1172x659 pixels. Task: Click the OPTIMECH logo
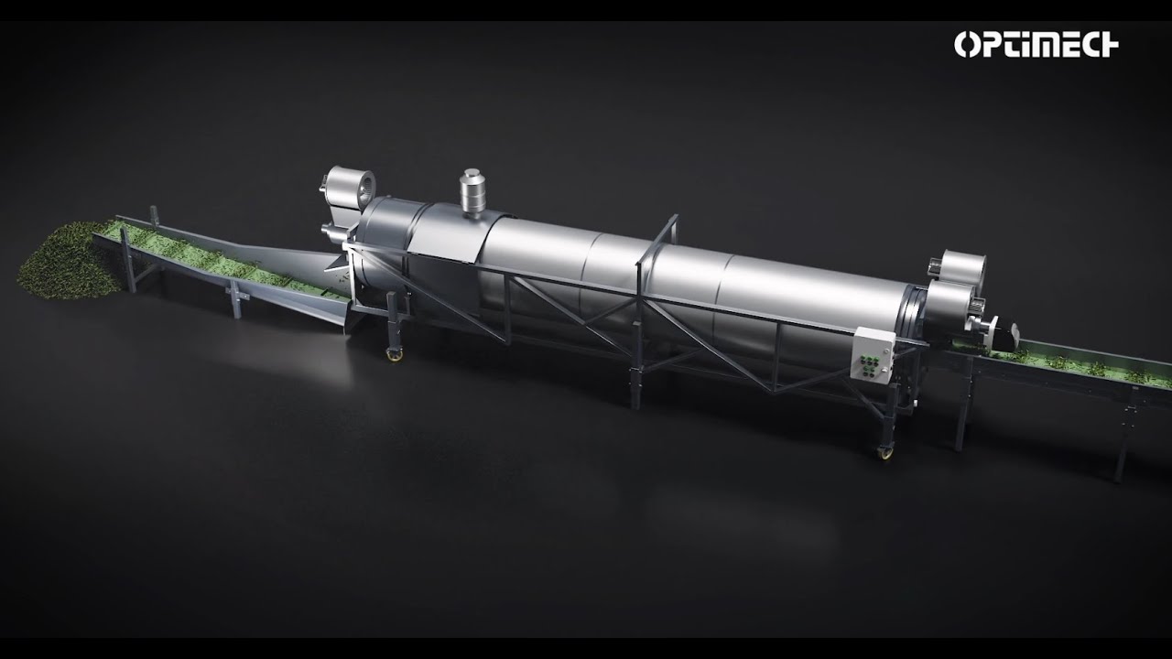coord(1036,44)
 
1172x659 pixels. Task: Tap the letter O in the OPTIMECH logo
coord(965,44)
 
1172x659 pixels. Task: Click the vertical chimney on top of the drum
coord(472,192)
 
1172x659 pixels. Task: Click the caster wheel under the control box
coord(884,452)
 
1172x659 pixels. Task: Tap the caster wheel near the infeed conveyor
coord(394,354)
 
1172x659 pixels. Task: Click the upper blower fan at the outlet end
coord(958,268)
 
